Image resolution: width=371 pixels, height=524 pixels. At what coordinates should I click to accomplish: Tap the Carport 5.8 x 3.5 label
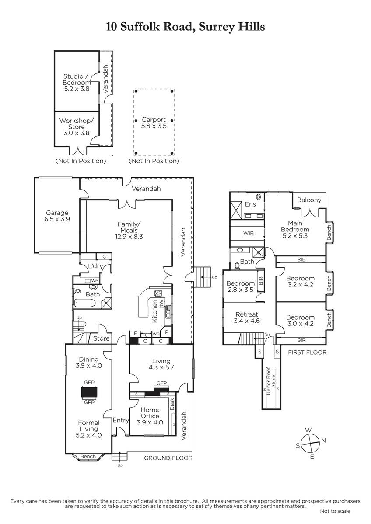click(x=154, y=123)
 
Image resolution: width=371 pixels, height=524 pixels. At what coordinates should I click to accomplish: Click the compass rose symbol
click(x=310, y=443)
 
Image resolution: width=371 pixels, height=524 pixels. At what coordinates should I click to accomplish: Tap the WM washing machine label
click(x=95, y=280)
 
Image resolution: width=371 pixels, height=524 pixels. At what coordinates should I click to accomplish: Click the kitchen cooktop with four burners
click(x=158, y=293)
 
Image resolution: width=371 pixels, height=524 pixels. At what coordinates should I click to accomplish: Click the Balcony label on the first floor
click(x=309, y=200)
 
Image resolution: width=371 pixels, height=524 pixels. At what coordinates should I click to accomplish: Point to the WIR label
click(x=248, y=233)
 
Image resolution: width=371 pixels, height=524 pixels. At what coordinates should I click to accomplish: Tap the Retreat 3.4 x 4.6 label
click(x=247, y=317)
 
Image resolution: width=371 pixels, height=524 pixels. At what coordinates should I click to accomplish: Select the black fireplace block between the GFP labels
click(x=89, y=392)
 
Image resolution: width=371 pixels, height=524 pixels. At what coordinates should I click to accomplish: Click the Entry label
click(x=121, y=420)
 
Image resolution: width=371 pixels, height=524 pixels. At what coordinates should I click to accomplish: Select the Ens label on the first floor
click(x=250, y=204)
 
